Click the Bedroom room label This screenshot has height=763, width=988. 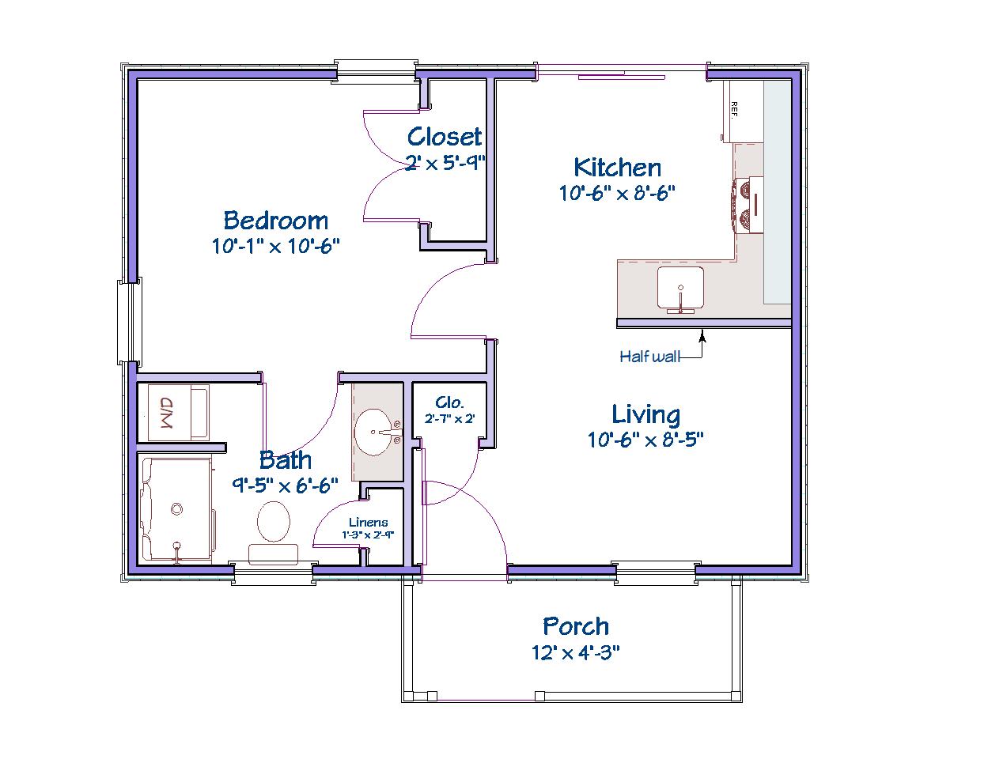[275, 221]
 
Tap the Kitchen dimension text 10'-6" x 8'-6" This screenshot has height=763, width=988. [617, 193]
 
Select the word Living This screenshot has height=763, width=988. [645, 414]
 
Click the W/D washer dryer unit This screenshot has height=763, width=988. [173, 412]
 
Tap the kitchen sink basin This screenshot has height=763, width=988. [680, 288]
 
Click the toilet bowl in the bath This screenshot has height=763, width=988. [274, 521]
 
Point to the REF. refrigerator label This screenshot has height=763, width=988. [733, 111]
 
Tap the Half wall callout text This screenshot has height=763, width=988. [649, 357]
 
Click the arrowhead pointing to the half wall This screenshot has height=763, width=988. [702, 337]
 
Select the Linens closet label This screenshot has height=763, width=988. [369, 522]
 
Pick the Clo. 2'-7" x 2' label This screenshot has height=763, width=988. [449, 410]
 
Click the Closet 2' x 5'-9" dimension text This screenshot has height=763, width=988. [445, 162]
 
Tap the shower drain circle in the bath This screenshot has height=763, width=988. [176, 509]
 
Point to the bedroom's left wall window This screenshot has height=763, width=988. [130, 322]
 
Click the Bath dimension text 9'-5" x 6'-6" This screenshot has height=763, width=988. [285, 485]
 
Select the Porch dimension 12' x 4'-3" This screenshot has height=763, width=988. [576, 653]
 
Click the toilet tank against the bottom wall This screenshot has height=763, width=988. [273, 554]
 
